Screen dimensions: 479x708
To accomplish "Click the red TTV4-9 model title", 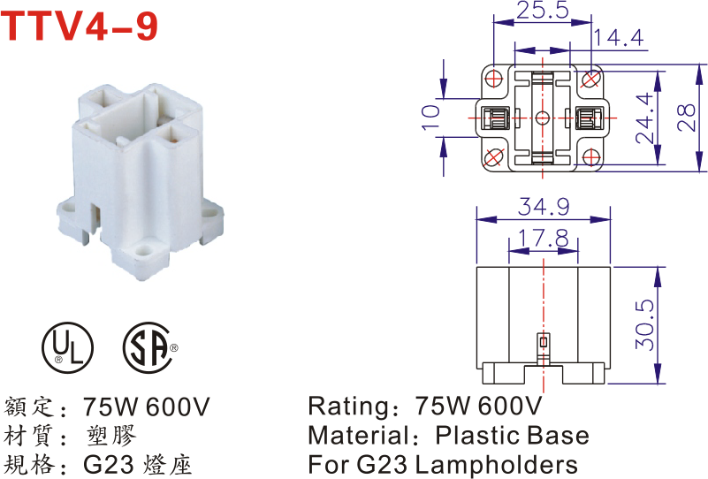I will (x=81, y=27).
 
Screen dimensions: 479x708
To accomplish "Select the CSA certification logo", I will (x=148, y=347).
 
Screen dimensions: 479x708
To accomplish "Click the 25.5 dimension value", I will (x=542, y=12).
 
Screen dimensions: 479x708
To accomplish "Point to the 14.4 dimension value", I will (x=619, y=38).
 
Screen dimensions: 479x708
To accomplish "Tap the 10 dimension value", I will (x=430, y=118).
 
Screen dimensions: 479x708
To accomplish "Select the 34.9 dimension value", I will (x=544, y=209).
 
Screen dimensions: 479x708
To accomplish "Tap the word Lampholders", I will (x=496, y=464).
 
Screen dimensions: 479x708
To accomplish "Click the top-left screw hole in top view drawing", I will (x=494, y=79).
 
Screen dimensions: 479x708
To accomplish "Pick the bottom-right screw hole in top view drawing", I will (x=590, y=157).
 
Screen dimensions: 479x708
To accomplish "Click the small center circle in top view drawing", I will (x=543, y=118).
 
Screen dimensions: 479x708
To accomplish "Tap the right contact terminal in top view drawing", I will (x=588, y=118).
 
